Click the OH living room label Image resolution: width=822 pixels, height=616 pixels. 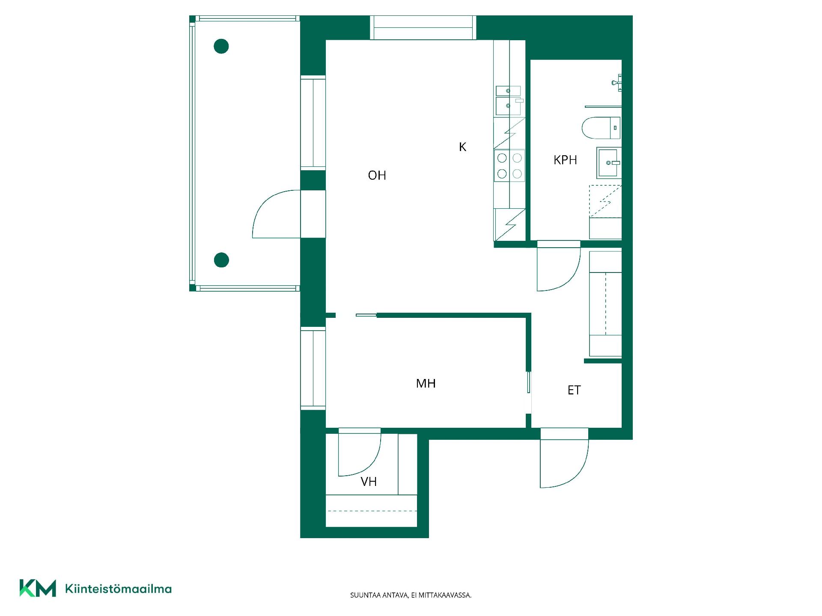[377, 175]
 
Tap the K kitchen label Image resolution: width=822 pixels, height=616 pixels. [462, 147]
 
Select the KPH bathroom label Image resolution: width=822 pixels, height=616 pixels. [565, 160]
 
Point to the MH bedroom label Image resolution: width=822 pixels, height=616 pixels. [426, 383]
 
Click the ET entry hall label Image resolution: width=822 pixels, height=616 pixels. [574, 390]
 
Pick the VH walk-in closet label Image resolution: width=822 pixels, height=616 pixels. [369, 482]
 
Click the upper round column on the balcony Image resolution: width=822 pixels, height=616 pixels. [221, 46]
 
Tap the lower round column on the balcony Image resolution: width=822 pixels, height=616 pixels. [221, 260]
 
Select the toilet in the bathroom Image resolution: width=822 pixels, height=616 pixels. [601, 127]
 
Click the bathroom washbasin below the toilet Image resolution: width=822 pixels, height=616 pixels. [609, 163]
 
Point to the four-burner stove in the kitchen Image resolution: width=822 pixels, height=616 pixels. [509, 166]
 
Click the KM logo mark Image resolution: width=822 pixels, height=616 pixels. [38, 588]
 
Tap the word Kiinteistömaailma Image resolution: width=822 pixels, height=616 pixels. [118, 589]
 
